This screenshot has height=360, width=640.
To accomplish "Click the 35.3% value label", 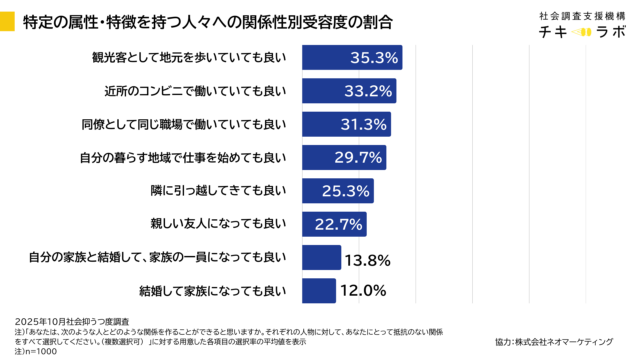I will pos(374,58).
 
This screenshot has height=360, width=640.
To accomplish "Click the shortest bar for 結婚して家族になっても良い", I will pos(318,291).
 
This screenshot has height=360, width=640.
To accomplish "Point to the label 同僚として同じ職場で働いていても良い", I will pos(183,125).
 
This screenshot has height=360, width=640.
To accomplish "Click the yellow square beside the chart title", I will pos(9,19).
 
